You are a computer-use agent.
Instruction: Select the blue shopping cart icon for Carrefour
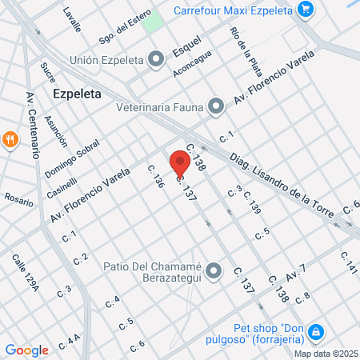(x=304, y=10)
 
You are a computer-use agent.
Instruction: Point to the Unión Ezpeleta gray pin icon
(x=158, y=59)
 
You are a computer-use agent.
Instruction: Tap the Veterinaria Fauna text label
(x=158, y=106)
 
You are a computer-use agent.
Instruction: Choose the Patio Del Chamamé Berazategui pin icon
(x=213, y=272)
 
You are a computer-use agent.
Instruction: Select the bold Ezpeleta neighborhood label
(x=77, y=93)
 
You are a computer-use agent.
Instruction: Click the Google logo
(x=26, y=350)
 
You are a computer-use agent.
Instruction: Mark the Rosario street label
(x=20, y=198)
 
